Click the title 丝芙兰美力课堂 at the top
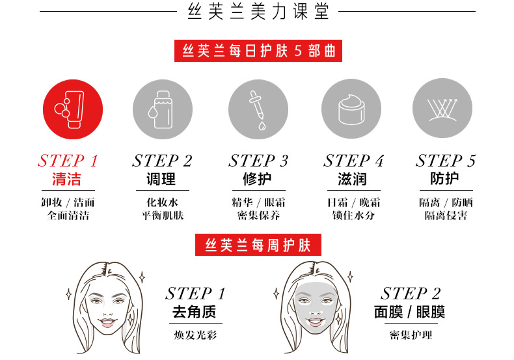point(258,12)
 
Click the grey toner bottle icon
point(163,107)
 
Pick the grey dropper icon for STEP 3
point(258,107)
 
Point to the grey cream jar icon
point(352,107)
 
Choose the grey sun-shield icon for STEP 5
point(443,107)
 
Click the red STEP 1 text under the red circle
point(68,161)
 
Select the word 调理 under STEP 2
point(162,179)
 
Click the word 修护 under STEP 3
point(258,179)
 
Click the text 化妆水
point(162,202)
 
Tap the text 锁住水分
point(353,215)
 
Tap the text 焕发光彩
point(194,336)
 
